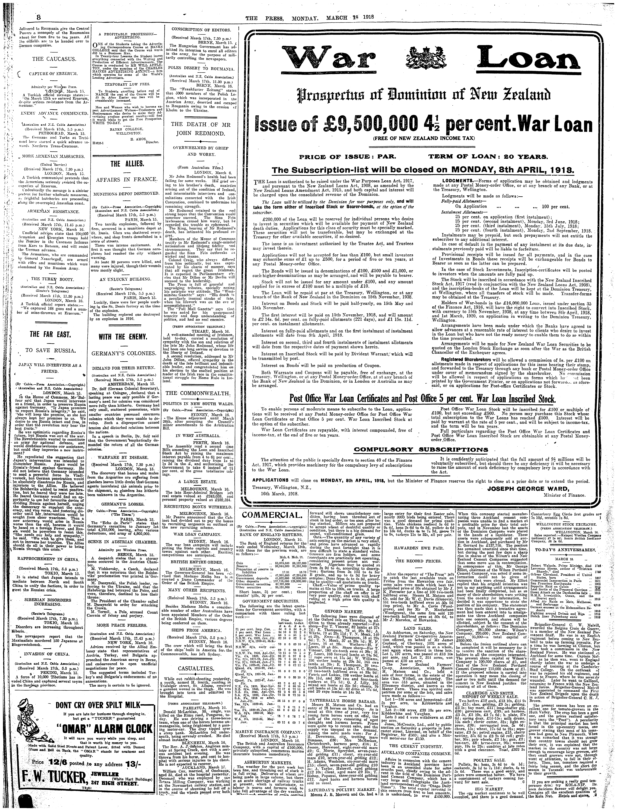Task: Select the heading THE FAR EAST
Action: coord(50,334)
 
